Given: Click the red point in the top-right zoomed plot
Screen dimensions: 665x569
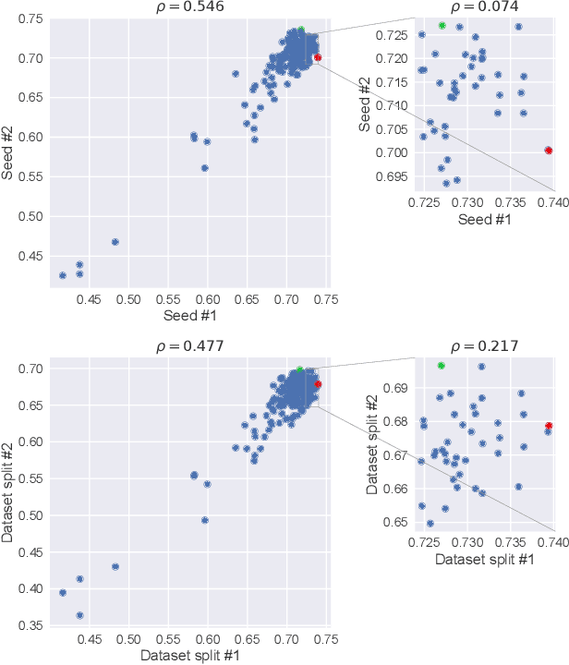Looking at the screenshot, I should tap(549, 150).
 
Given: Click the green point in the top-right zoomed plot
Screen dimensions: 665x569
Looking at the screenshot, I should tap(442, 25).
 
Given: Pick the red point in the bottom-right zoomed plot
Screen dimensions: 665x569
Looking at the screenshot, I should tap(549, 426).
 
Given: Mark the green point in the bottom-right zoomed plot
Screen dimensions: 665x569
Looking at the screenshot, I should tap(441, 366).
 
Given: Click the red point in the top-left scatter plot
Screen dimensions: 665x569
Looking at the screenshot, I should tap(318, 57).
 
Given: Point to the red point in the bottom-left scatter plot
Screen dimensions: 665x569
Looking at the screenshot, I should tap(318, 383).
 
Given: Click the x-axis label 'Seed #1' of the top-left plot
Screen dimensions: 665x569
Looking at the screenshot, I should tap(186, 317).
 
